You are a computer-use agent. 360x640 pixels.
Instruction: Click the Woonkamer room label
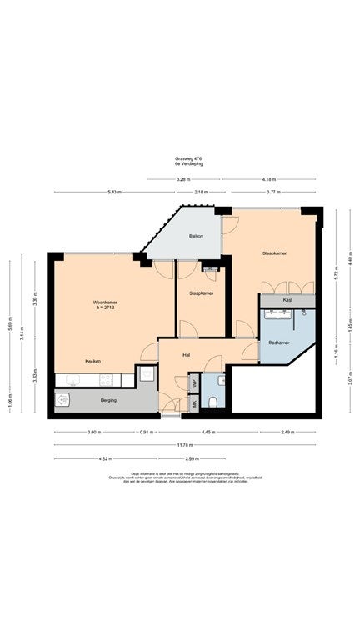point(103,301)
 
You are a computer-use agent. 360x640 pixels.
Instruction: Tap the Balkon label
point(197,237)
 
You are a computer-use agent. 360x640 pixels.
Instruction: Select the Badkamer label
point(280,342)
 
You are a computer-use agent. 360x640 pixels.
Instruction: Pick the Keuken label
point(92,361)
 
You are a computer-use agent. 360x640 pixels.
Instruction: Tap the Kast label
point(287,299)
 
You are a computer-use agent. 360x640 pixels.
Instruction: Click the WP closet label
point(194,384)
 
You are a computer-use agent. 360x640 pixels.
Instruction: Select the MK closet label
point(194,404)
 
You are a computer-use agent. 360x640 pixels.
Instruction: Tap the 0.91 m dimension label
point(145,432)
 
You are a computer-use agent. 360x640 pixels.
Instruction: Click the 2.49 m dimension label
point(287,432)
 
